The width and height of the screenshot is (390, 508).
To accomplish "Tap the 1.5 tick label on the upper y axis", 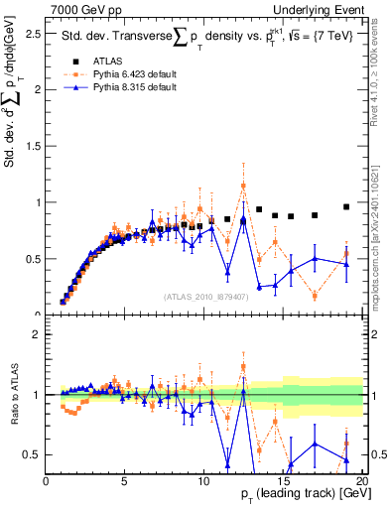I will [34, 146].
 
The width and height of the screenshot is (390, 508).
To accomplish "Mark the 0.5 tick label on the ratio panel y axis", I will [34, 454].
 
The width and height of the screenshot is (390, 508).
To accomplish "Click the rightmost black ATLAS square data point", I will [346, 206].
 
